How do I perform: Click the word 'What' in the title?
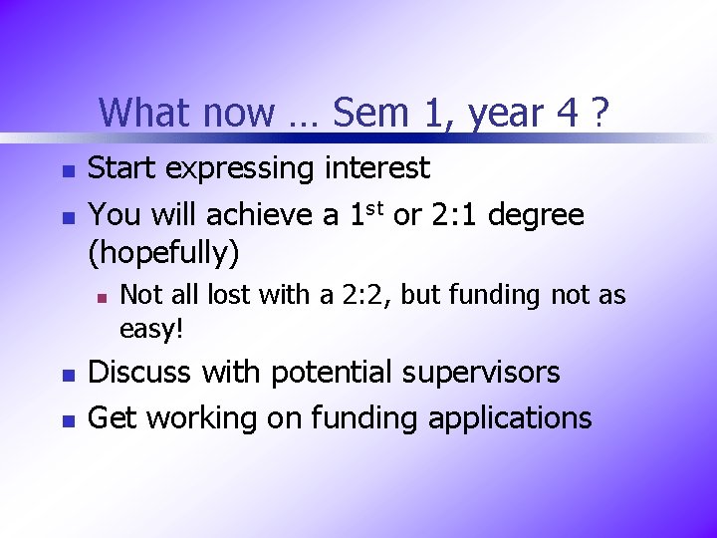(x=140, y=113)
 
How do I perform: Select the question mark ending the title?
(x=599, y=113)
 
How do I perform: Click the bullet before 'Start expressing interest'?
(x=67, y=171)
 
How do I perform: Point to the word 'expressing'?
(x=242, y=169)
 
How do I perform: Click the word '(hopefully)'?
(x=164, y=253)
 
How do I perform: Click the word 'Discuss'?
(x=142, y=373)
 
